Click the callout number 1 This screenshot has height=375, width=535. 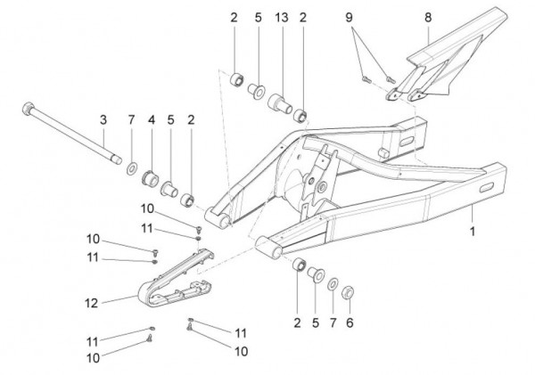pyautogui.click(x=473, y=230)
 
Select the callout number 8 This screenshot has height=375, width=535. pyautogui.click(x=427, y=17)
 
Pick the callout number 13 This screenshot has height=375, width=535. pyautogui.click(x=281, y=17)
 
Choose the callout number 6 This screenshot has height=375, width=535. pyautogui.click(x=350, y=323)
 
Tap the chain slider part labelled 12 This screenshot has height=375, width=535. pyautogui.click(x=174, y=276)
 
